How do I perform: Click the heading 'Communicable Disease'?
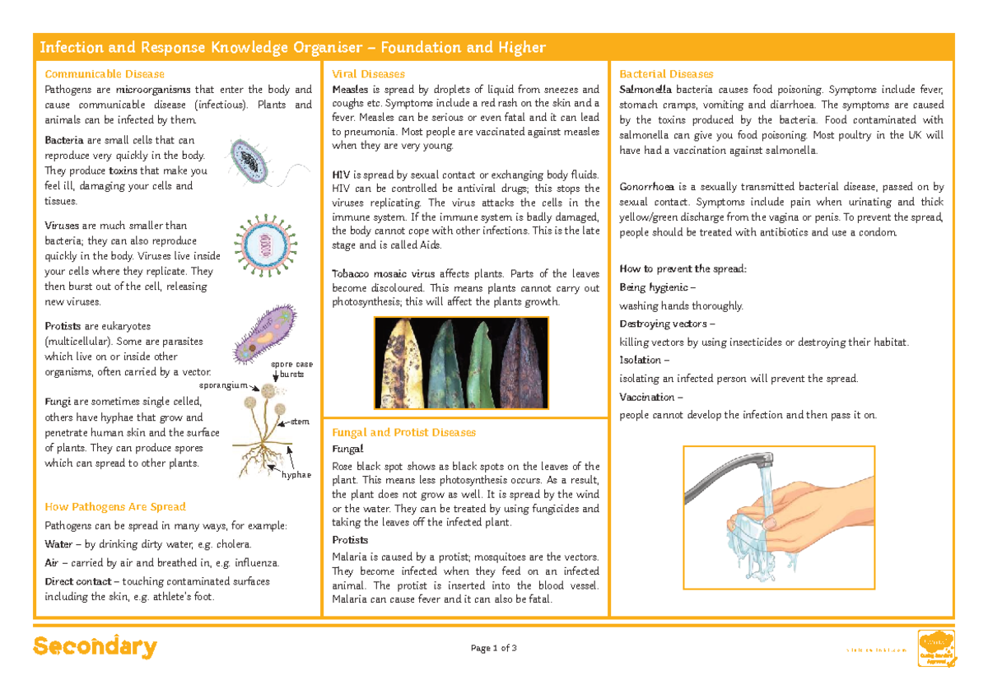(x=105, y=74)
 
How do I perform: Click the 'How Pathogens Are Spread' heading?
(x=115, y=507)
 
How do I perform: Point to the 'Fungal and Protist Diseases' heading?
(x=403, y=432)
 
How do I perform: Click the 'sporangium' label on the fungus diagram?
(x=223, y=384)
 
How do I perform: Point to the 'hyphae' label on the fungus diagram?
(x=296, y=475)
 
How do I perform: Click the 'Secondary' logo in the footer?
(x=95, y=647)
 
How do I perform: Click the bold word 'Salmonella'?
(x=645, y=90)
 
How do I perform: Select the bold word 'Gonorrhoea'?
(x=647, y=187)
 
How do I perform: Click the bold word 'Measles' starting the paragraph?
(x=351, y=90)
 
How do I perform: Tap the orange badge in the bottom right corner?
(x=937, y=648)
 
